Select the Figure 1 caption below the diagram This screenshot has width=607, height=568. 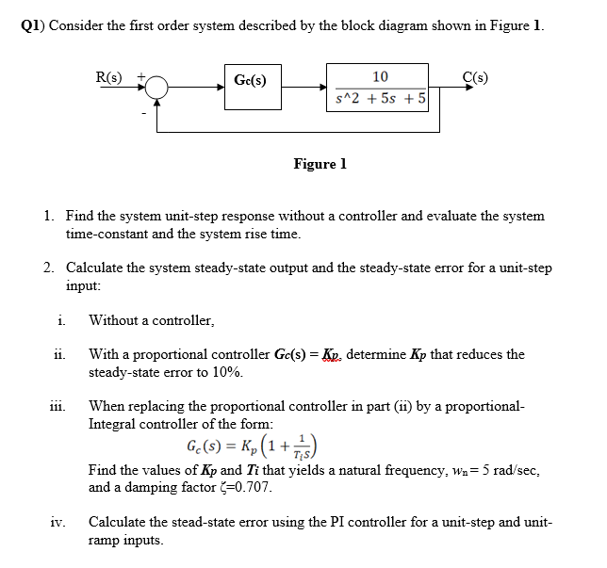click(320, 164)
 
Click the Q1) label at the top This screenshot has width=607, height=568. click(32, 25)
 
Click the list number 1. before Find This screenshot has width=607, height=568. click(49, 216)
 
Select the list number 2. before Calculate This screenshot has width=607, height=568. click(49, 268)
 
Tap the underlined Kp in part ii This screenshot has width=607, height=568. click(333, 355)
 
